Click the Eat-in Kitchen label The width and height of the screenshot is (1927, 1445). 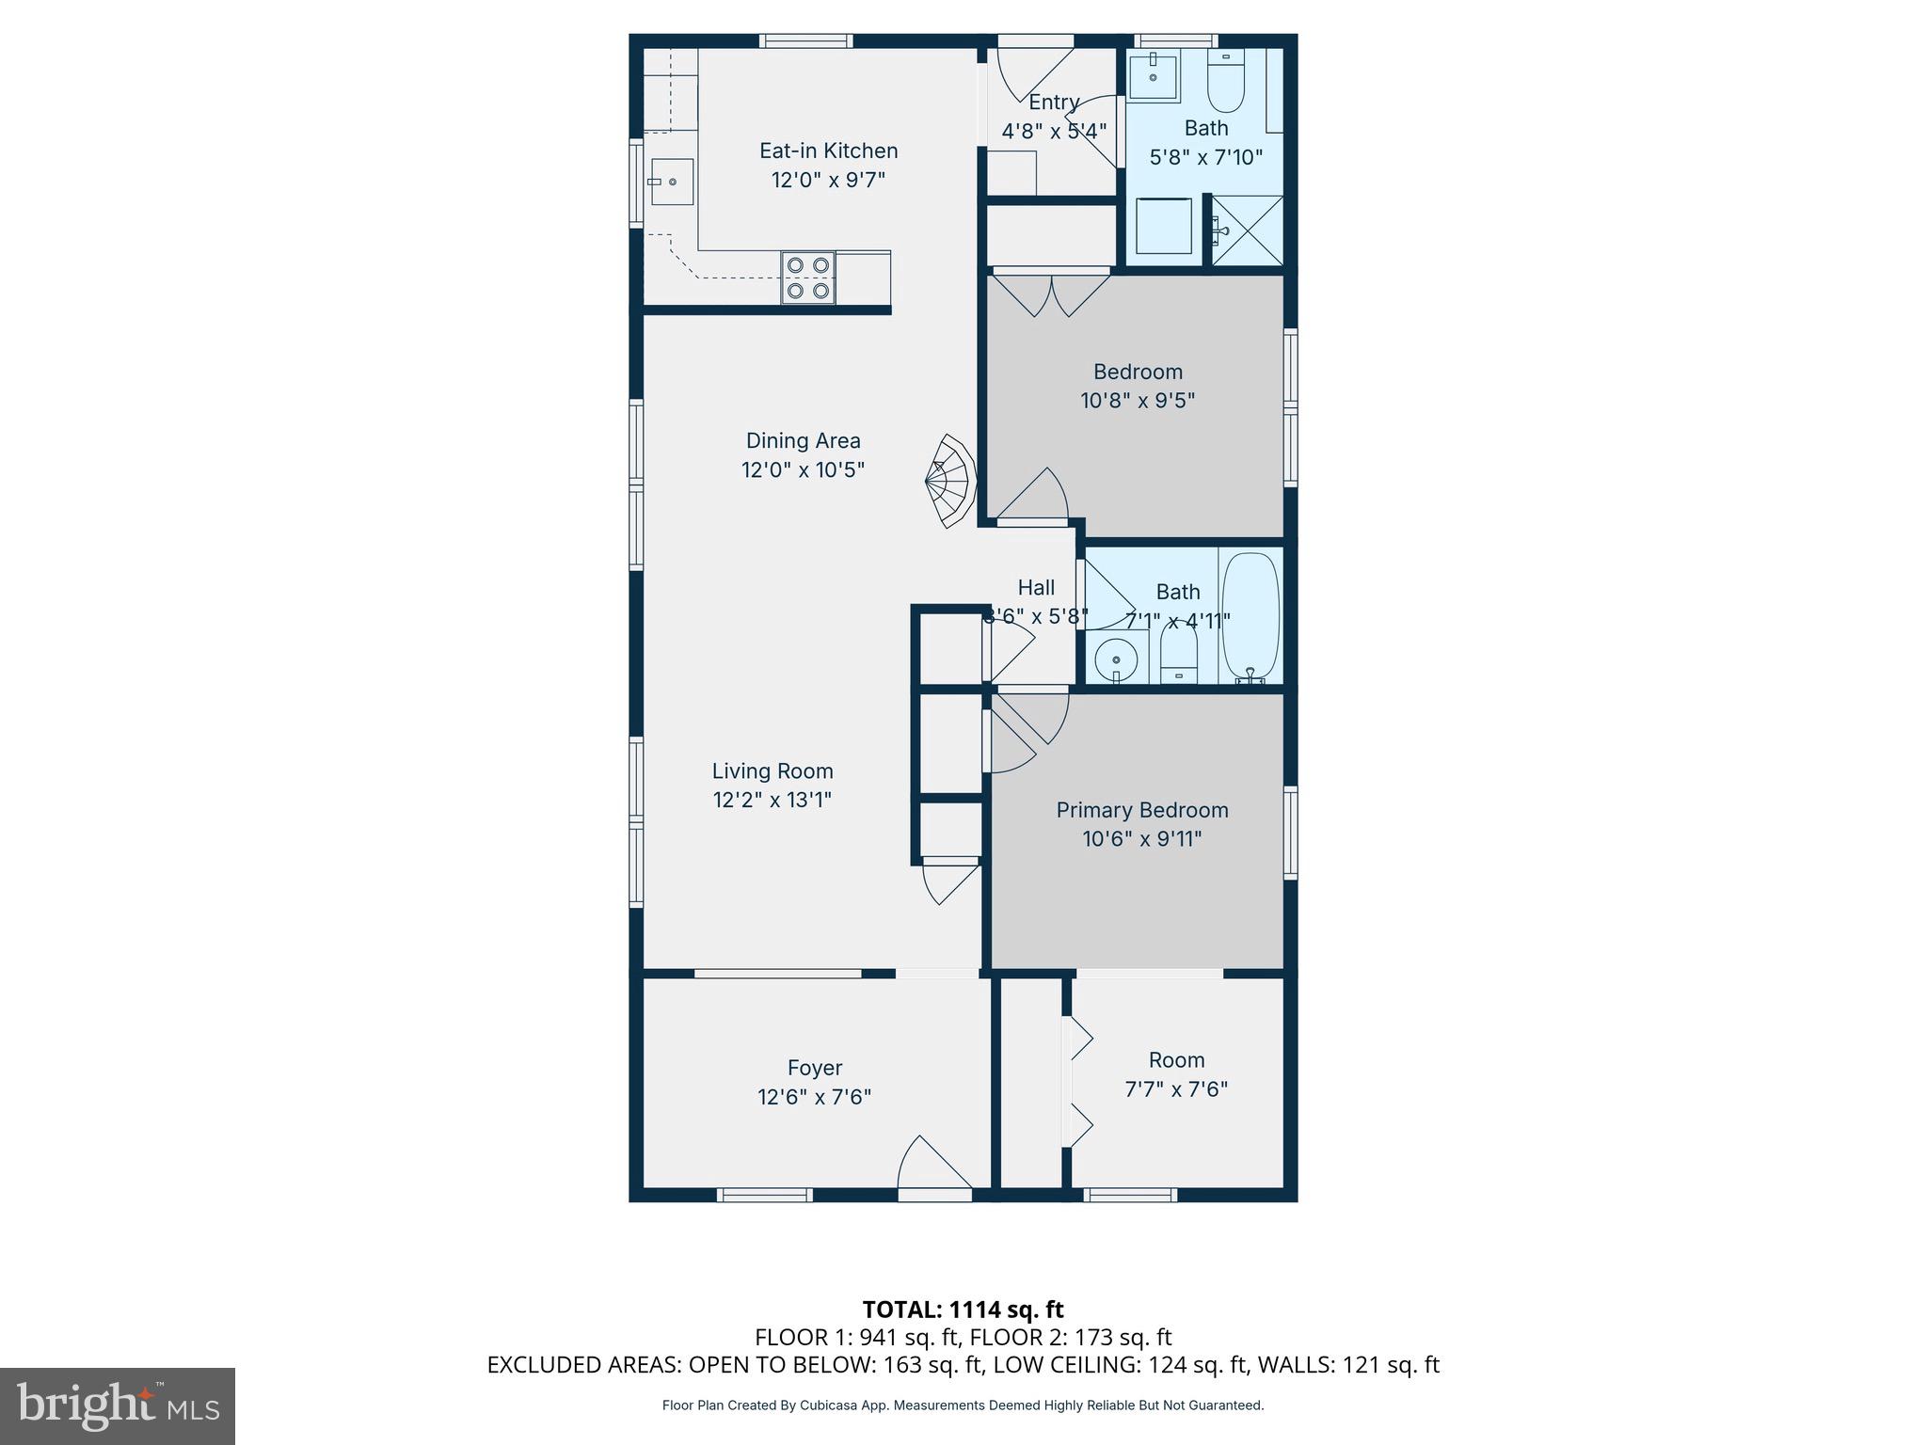(828, 151)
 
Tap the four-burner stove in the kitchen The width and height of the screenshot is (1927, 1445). (808, 278)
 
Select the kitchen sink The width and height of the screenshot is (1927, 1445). (672, 182)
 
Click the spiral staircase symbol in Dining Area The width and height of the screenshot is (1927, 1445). (950, 481)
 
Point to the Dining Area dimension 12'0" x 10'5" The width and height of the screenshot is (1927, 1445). (803, 469)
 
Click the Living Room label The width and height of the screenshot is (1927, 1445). (772, 770)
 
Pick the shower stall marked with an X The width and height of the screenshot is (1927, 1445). (1247, 230)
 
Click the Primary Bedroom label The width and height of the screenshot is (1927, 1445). (1141, 810)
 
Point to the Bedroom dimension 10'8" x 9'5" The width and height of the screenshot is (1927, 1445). (1137, 401)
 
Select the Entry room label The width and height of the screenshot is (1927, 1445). (1053, 102)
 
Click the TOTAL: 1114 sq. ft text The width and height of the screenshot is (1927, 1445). (963, 1310)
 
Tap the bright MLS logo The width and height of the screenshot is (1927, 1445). (118, 1405)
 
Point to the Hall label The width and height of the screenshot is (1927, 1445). (1036, 587)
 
